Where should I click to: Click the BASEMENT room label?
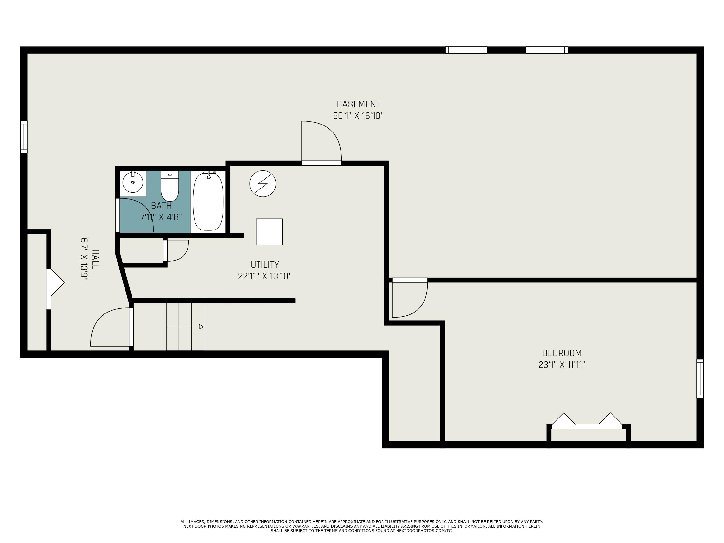[x=358, y=104]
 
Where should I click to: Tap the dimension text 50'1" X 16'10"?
[x=358, y=116]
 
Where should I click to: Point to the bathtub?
[x=208, y=202]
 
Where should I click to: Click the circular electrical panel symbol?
[x=263, y=184]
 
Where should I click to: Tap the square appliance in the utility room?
[x=269, y=232]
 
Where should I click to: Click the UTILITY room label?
[x=265, y=265]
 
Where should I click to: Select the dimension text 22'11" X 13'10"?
[x=265, y=276]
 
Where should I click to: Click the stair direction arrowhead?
[x=202, y=327]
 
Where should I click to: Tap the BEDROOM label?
[x=562, y=353]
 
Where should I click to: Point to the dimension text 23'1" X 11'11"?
[x=562, y=365]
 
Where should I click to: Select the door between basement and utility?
[x=321, y=144]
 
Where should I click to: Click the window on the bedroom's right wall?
[x=700, y=379]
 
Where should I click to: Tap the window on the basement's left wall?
[x=24, y=137]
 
